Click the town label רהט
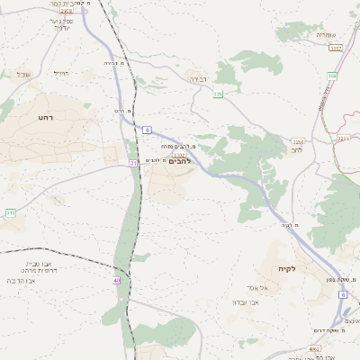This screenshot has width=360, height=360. (x=46, y=118)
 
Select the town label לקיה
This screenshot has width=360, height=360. (x=287, y=268)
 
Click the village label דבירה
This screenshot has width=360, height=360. (x=195, y=79)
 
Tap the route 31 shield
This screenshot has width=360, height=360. (x=133, y=162)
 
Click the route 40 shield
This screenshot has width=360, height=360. (x=116, y=280)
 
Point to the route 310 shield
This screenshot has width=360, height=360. (x=10, y=212)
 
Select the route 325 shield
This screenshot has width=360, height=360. (x=218, y=94)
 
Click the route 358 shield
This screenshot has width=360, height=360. (x=331, y=76)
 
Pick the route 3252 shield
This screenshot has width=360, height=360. (x=335, y=48)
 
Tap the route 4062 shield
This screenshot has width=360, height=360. (x=314, y=348)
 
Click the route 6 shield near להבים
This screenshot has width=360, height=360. (x=147, y=130)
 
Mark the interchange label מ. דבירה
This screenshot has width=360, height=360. (x=112, y=62)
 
